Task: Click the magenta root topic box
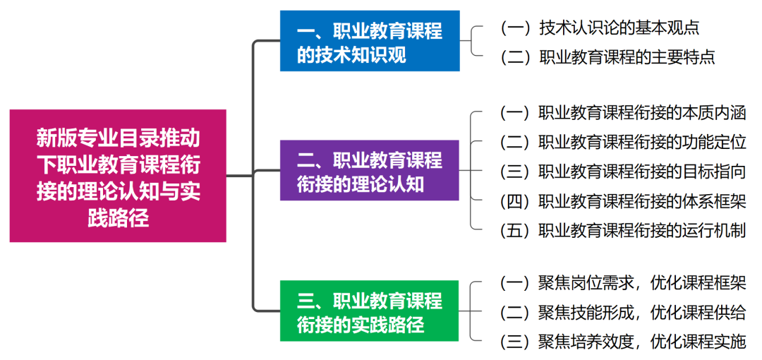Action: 118,176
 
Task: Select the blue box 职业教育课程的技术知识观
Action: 370,42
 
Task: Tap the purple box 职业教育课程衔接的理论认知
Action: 370,171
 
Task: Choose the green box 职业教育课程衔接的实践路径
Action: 370,311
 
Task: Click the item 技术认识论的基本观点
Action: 599,28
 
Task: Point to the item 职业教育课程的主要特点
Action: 607,57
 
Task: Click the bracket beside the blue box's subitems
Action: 474,42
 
